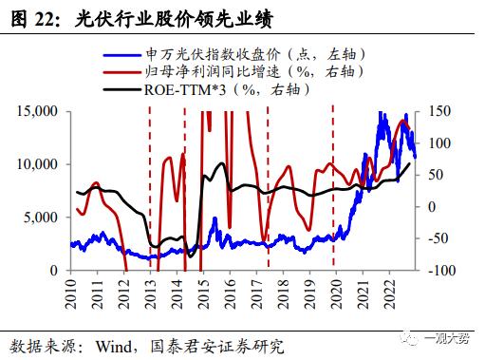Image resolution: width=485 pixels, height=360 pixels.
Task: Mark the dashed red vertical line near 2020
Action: tap(332, 190)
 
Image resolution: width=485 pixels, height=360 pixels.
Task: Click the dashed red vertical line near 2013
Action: tap(150, 190)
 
